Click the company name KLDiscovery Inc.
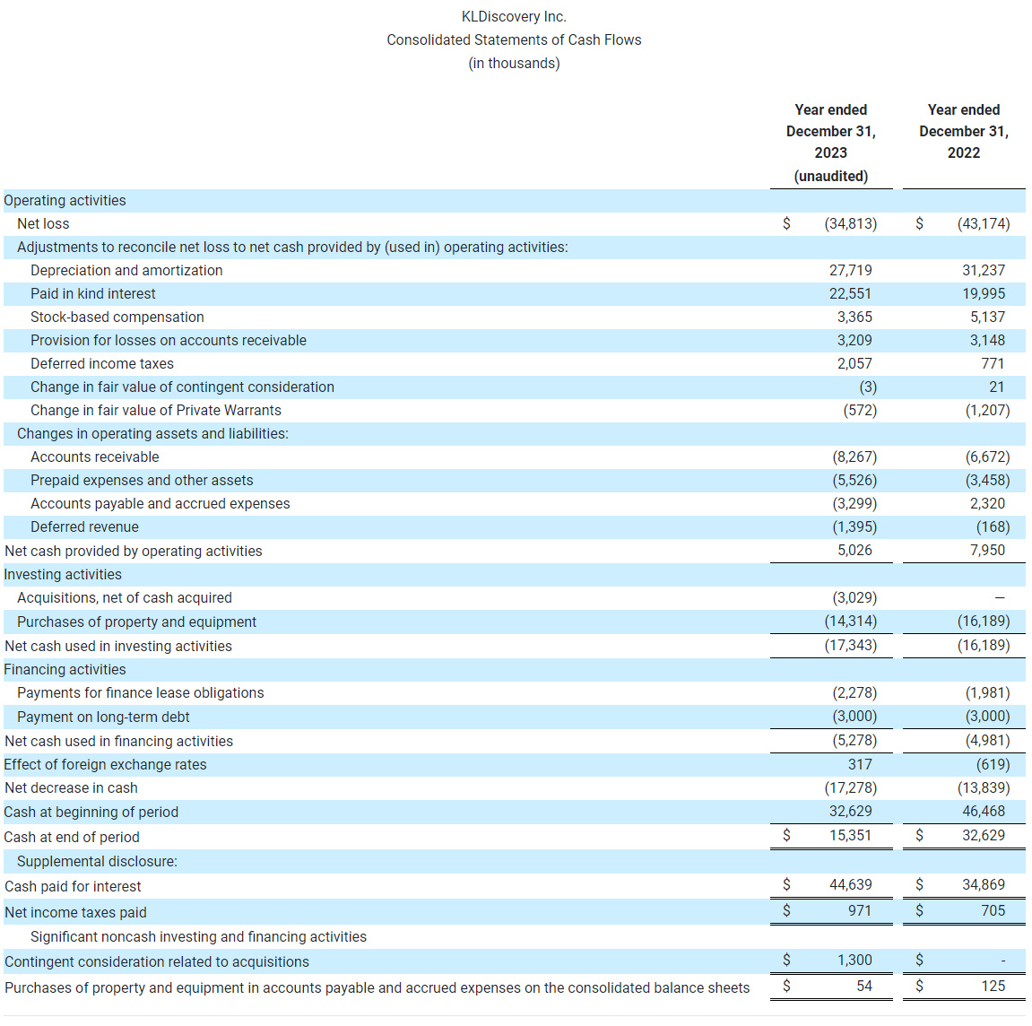[x=514, y=16]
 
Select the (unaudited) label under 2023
[x=830, y=176]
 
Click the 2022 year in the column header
[x=963, y=152]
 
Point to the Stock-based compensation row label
[x=117, y=317]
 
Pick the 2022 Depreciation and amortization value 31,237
[x=984, y=270]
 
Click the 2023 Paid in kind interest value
[x=850, y=293]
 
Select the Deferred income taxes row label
[x=102, y=363]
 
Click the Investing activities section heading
[x=63, y=574]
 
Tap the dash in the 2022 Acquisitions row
[x=1000, y=597]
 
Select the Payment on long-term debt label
[x=103, y=717]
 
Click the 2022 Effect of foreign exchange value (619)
[x=993, y=764]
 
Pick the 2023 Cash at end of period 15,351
[x=850, y=835]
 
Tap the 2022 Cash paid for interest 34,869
[x=984, y=884]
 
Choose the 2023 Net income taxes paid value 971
[x=859, y=910]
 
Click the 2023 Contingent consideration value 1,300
[x=854, y=960]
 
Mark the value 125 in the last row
[x=993, y=986]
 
